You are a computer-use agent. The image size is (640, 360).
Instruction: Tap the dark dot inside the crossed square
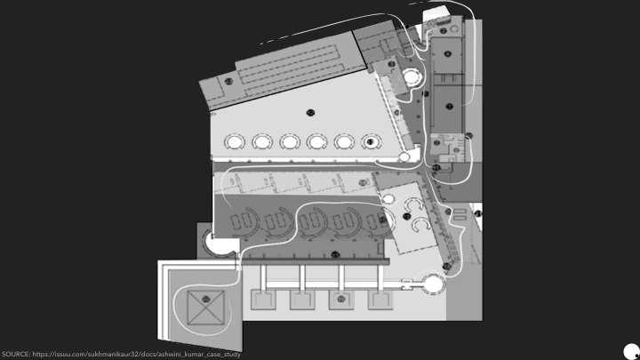click(205, 296)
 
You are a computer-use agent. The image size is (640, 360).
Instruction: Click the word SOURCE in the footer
click(15, 354)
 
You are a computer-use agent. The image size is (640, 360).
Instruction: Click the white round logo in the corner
click(630, 350)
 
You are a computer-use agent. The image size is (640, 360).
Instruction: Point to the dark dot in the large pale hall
click(309, 111)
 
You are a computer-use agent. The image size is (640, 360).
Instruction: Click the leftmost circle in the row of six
click(235, 141)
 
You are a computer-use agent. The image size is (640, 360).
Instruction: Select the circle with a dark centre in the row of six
click(371, 141)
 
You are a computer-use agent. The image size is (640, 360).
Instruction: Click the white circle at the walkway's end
click(433, 284)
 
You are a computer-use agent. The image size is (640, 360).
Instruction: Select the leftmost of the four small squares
click(264, 300)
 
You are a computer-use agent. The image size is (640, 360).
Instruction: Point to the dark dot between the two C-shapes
click(407, 216)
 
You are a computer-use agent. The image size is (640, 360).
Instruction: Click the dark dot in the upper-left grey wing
click(228, 82)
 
